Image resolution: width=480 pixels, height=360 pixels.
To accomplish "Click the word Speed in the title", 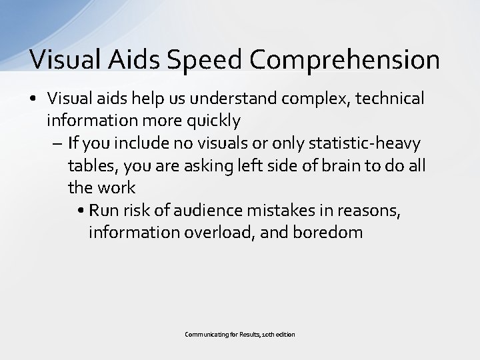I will pos(208,60).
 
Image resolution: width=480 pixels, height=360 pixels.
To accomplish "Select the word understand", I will pos(247,99).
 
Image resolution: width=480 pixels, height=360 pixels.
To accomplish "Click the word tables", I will pos(89,166).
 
